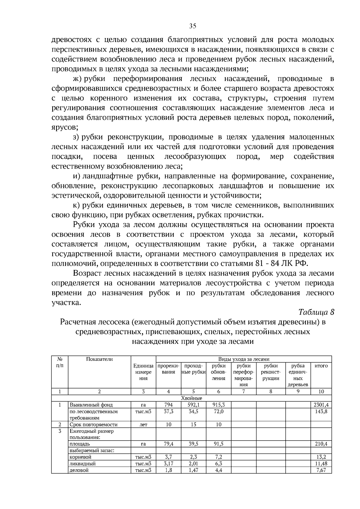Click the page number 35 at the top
click(x=193, y=26)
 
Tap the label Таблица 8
click(x=316, y=312)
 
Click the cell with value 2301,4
click(x=321, y=405)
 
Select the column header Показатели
click(x=99, y=359)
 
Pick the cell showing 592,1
click(x=193, y=405)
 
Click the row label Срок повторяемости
click(x=93, y=424)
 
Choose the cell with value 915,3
click(x=218, y=405)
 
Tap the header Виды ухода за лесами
click(x=244, y=359)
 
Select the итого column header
click(x=321, y=366)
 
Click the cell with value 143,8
click(x=321, y=412)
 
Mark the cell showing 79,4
click(x=169, y=444)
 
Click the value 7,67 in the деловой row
click(x=321, y=470)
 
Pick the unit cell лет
click(x=143, y=424)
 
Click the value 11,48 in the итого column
click(x=321, y=463)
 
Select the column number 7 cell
click(x=244, y=391)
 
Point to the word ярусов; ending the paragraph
click(x=65, y=127)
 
